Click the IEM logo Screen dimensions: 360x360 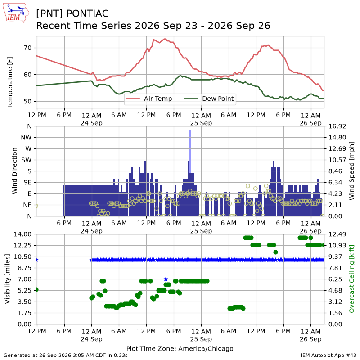click(x=16, y=13)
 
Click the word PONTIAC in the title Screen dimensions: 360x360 click(x=87, y=13)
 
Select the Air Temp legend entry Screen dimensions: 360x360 click(x=149, y=99)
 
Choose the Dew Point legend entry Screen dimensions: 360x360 click(x=209, y=99)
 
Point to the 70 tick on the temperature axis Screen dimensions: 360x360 click(x=27, y=48)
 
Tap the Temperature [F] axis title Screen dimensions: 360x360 click(x=10, y=82)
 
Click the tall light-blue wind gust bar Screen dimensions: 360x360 click(x=190, y=152)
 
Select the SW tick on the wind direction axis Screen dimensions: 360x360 click(x=27, y=160)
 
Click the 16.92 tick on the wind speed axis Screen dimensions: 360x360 click(x=337, y=126)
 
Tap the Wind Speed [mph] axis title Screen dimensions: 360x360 click(x=351, y=171)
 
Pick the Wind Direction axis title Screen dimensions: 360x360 click(x=15, y=171)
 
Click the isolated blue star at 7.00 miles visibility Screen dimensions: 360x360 click(x=166, y=279)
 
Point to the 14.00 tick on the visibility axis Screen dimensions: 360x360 click(x=22, y=234)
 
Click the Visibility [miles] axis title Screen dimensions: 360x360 click(x=8, y=279)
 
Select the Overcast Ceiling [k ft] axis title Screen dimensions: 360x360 click(x=351, y=279)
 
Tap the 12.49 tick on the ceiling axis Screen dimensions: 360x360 click(x=337, y=234)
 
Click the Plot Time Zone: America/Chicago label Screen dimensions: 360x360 click(x=180, y=348)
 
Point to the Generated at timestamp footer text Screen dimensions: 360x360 click(x=65, y=355)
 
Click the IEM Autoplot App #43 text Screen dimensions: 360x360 click(x=328, y=355)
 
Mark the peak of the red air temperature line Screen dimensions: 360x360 click(x=165, y=39)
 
